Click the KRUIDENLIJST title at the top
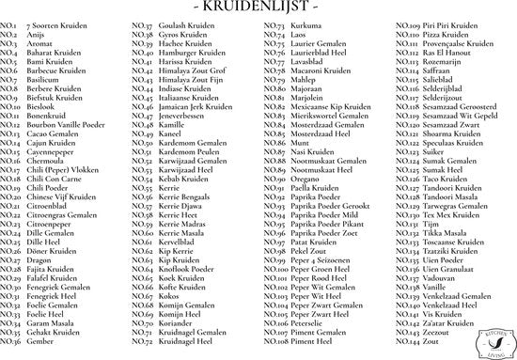pyautogui.click(x=258, y=8)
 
